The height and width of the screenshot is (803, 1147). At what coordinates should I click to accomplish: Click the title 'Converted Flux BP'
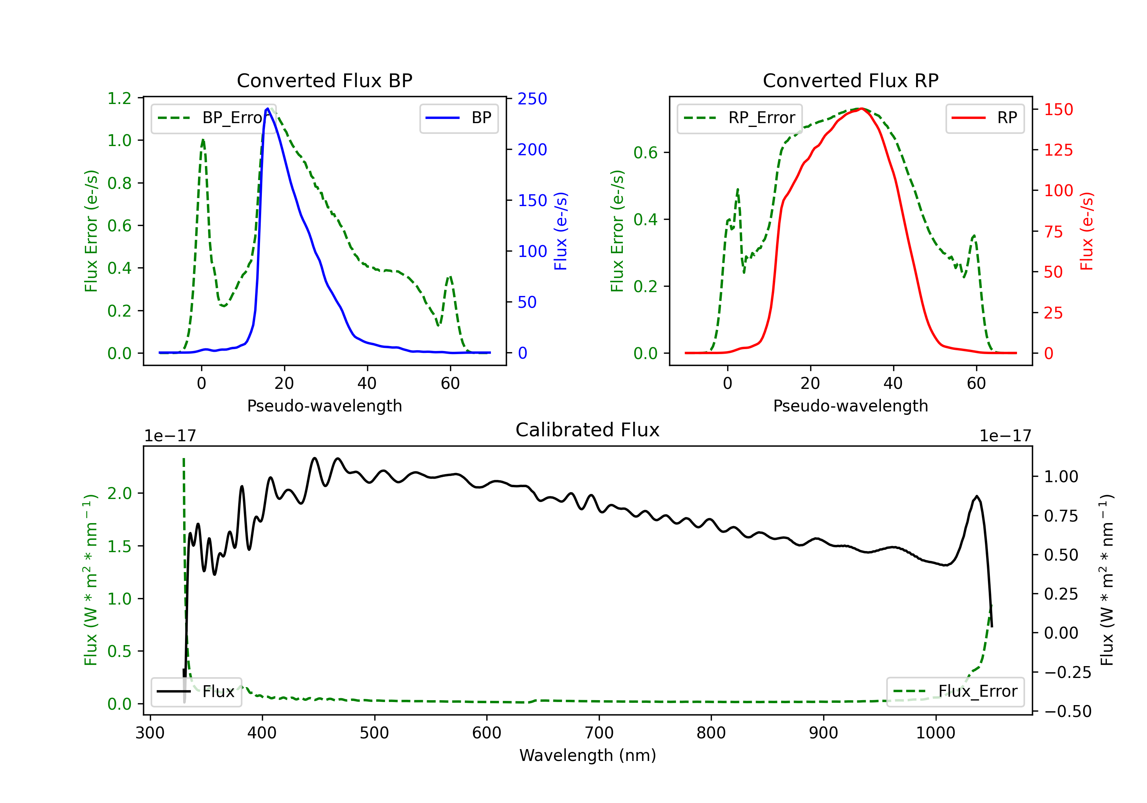pos(324,80)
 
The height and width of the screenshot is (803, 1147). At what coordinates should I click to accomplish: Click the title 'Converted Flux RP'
pos(850,80)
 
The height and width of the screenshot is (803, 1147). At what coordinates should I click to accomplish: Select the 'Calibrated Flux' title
pos(588,430)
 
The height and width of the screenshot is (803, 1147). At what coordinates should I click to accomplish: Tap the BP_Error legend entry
pos(210,118)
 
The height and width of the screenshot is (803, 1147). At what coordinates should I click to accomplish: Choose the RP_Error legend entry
pos(739,118)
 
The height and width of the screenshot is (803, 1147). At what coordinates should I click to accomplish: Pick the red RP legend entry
pos(985,118)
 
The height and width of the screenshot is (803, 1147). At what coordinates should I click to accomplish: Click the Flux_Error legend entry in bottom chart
pos(955,692)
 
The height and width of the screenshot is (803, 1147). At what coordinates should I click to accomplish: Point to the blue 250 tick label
pos(532,99)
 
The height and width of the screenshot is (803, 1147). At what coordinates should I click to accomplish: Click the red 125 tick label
pos(1059,150)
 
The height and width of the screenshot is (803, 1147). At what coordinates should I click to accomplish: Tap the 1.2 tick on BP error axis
pos(119,98)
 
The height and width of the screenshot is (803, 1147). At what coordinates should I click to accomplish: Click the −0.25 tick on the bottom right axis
pos(1067,673)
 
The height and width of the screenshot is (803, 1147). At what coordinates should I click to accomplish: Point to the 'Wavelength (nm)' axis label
pos(588,755)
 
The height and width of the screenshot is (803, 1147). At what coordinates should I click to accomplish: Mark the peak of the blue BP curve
pos(268,109)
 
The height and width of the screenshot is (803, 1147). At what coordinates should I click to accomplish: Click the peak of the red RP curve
pos(861,109)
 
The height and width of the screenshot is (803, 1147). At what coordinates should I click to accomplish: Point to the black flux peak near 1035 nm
pos(976,496)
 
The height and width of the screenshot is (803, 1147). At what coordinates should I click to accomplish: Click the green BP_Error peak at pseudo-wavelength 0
pos(203,140)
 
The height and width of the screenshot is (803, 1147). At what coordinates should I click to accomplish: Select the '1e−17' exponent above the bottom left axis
pos(170,436)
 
